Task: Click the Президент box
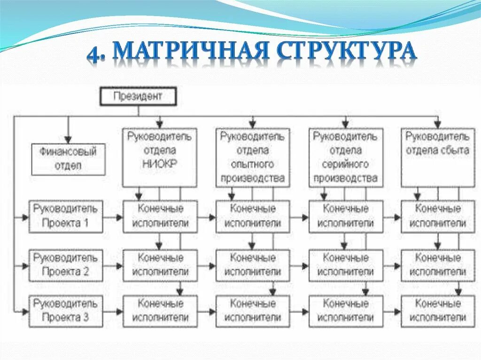[138, 97]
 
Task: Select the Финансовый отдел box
[68, 159]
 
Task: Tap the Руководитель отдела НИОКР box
[159, 158]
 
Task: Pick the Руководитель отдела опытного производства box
[252, 158]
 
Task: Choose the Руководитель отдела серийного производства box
[345, 158]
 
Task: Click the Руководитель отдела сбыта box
[437, 158]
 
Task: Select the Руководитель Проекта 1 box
[66, 216]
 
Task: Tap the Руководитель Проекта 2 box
[66, 265]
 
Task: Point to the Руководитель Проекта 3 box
[66, 311]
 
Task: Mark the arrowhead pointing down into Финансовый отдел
[68, 139]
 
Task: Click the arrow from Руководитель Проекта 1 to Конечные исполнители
[113, 217]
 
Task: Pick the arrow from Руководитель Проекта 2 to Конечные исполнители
[113, 266]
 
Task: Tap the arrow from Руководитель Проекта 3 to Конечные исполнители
[113, 311]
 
